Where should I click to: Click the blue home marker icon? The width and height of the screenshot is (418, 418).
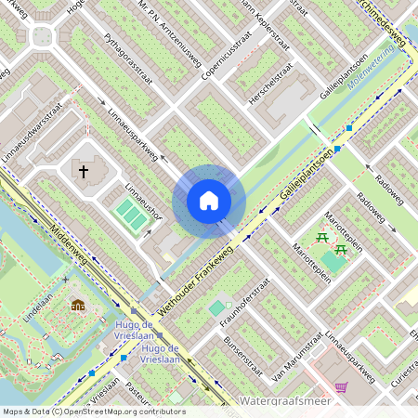[209, 201]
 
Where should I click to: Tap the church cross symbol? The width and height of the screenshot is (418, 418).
[83, 171]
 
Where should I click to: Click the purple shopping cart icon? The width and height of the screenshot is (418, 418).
[342, 386]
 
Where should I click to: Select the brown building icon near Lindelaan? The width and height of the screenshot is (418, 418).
[78, 305]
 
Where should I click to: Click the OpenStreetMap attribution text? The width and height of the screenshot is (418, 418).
[93, 411]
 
